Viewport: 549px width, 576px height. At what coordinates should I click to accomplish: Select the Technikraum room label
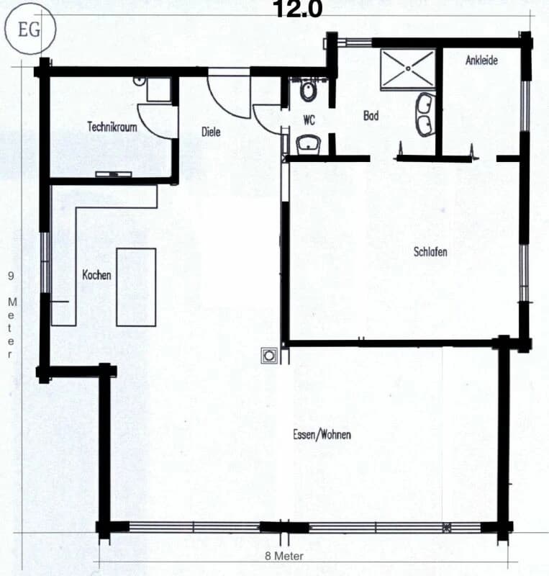tap(112, 126)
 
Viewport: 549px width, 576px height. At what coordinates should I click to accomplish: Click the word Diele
tap(210, 132)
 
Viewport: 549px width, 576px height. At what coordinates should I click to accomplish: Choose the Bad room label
tap(371, 115)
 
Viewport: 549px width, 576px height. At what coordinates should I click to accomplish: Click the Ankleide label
tap(481, 60)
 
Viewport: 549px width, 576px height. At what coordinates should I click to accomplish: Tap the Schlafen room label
tap(431, 252)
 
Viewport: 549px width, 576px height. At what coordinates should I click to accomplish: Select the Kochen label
tap(96, 275)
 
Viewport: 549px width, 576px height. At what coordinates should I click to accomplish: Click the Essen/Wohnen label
tap(322, 435)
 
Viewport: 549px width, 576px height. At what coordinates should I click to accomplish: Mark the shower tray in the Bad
tap(407, 69)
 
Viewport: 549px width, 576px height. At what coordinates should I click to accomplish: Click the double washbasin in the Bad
tap(425, 114)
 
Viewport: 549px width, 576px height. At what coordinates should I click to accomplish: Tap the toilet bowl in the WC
tap(308, 91)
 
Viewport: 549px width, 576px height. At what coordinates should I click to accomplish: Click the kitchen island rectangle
tap(136, 287)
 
